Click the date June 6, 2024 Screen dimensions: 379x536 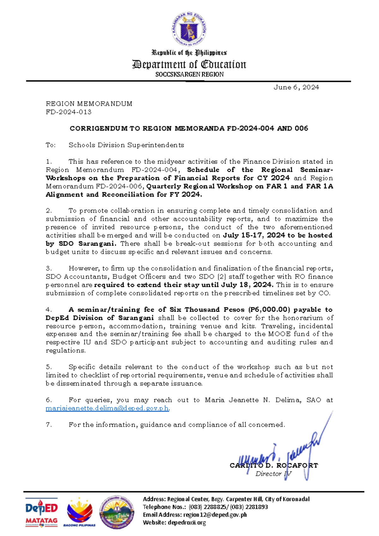tap(296, 88)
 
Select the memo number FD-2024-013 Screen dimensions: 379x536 tap(69, 112)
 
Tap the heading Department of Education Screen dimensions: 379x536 tap(189, 64)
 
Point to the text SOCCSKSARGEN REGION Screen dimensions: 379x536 tap(189, 75)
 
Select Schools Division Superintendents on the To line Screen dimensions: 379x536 tap(126, 145)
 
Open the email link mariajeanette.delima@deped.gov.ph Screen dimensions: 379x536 tap(107, 408)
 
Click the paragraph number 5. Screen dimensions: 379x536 tap(49, 367)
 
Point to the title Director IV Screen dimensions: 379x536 tap(273, 474)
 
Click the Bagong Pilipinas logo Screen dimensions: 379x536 tap(79, 512)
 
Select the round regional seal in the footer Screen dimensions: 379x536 tap(117, 512)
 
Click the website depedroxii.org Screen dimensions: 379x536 tap(187, 522)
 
